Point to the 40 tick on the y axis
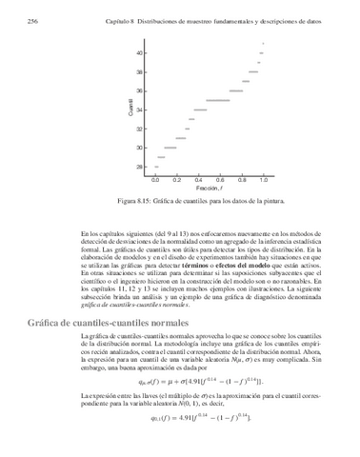[140, 53]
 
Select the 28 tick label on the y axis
[140, 167]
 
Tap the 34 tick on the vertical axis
[140, 109]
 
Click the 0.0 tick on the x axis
[155, 178]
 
